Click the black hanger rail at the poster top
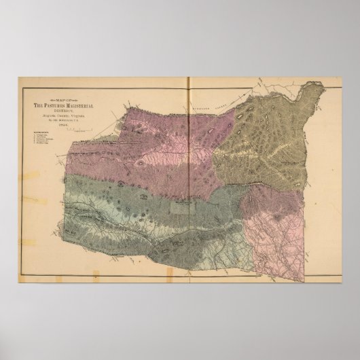(x=180, y=67)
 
